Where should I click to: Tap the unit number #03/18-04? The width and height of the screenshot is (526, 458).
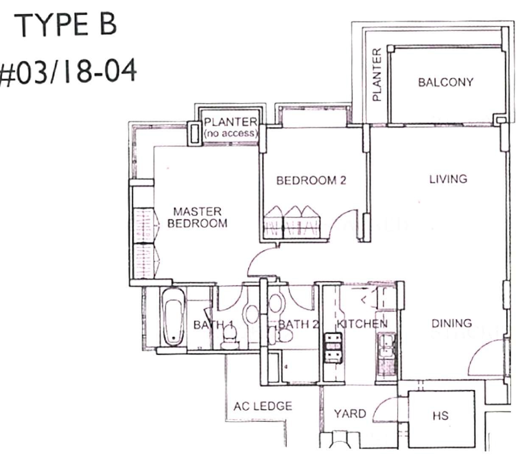pos(68,71)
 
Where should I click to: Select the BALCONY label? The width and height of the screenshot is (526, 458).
pos(445,83)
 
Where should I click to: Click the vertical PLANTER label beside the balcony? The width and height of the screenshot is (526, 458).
pos(377,75)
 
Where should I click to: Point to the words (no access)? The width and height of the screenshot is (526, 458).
pos(231,133)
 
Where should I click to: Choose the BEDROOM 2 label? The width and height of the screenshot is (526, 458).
pos(311,180)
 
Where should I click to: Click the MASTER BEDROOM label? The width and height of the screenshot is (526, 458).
pos(197,217)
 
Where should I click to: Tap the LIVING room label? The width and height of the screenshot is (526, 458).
pos(448,179)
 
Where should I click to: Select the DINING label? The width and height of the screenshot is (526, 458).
pos(452,323)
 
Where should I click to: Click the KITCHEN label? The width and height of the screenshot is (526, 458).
pos(362,324)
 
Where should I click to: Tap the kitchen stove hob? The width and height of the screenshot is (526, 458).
pos(333,348)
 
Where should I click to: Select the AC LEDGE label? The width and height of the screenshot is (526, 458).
pos(263,406)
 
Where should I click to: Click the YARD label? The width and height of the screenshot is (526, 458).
pos(350,414)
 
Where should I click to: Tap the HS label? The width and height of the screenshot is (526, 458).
pos(440,416)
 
